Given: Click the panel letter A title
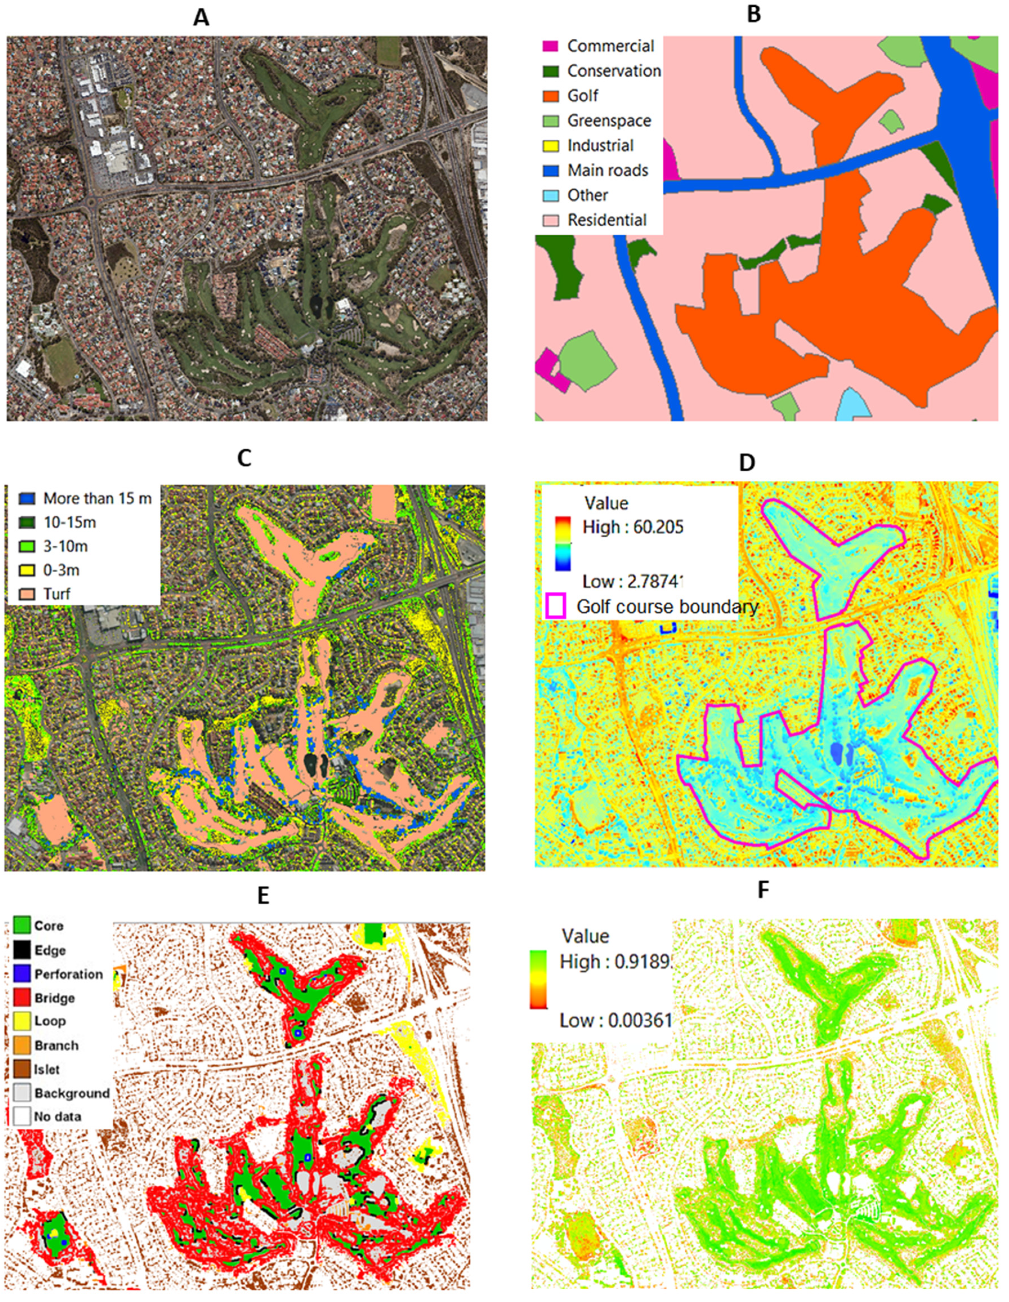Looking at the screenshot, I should [202, 18].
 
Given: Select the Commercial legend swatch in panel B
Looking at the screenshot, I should [550, 46].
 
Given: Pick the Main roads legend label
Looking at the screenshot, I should [607, 171].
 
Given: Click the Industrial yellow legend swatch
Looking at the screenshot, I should [550, 146].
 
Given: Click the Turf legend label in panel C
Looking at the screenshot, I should [57, 594].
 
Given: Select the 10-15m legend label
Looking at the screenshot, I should [70, 522].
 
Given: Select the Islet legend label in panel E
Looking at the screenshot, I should [46, 1069].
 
